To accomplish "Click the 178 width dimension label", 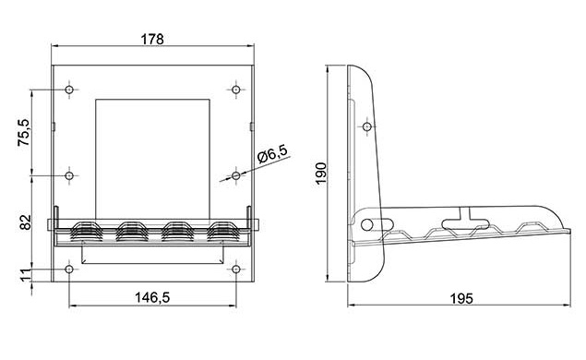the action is pyautogui.click(x=152, y=39).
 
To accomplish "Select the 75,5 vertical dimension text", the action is pyautogui.click(x=24, y=132).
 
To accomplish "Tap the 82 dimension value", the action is pyautogui.click(x=25, y=222).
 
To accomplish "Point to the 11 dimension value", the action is pyautogui.click(x=25, y=275).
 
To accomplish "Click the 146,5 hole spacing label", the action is pyautogui.click(x=152, y=297).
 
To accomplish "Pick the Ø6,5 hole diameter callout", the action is pyautogui.click(x=273, y=153).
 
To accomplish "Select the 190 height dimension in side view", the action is pyautogui.click(x=321, y=174).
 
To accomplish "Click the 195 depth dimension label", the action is pyautogui.click(x=461, y=298).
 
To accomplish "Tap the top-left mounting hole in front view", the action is pyautogui.click(x=69, y=90).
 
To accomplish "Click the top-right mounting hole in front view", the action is pyautogui.click(x=236, y=90).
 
